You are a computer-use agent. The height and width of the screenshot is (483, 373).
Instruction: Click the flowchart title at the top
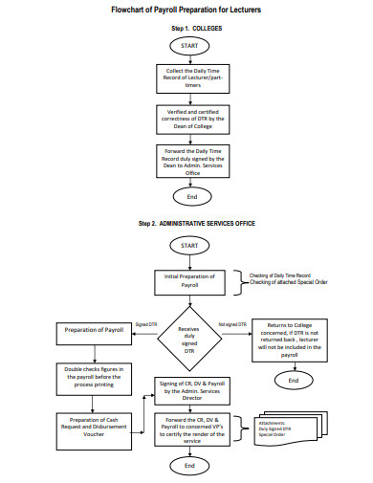coord(186,9)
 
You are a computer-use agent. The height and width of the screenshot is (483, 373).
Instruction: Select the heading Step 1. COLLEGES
coord(188,29)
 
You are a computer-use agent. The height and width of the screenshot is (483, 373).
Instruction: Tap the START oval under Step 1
coord(188,45)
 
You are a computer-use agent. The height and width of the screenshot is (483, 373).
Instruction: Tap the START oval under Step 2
coord(188,246)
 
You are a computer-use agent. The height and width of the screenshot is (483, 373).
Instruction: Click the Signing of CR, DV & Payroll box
coord(188,389)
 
